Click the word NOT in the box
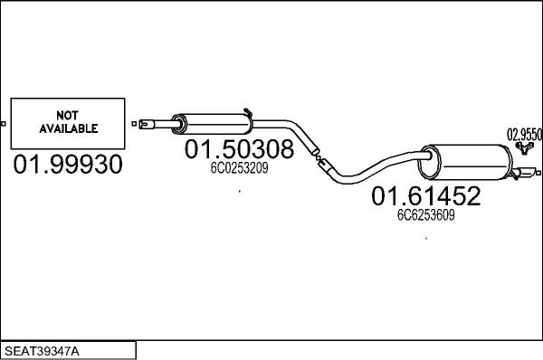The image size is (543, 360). pos(68,115)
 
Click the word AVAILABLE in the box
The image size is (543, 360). pos(68,128)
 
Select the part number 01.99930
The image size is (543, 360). pos(68,165)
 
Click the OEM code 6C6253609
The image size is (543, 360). pos(424,215)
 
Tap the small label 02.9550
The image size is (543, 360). pos(525,134)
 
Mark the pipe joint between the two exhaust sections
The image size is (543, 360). pos(319,161)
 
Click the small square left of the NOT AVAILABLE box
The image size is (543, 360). pos(4,122)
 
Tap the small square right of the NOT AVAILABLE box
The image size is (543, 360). pos(133,122)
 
